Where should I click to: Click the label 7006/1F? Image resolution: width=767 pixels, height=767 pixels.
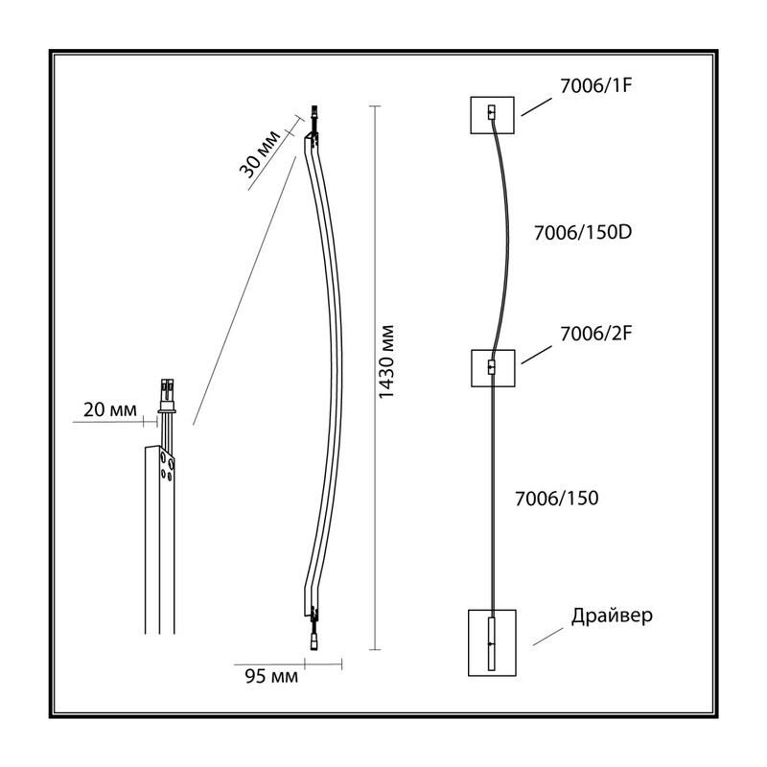click(x=595, y=86)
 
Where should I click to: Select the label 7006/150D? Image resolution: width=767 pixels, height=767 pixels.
click(x=583, y=232)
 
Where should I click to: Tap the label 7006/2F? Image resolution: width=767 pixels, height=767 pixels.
click(x=595, y=334)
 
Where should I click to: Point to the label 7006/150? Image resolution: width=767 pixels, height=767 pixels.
click(x=557, y=498)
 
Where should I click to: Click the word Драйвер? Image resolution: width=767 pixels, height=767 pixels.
click(x=612, y=615)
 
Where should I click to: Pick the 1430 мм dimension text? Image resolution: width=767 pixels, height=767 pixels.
click(x=386, y=361)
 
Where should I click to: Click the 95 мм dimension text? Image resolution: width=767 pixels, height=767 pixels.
click(x=271, y=677)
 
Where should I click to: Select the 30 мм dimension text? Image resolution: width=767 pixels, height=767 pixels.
click(x=260, y=154)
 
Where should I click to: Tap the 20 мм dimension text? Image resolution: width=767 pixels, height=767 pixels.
click(x=110, y=409)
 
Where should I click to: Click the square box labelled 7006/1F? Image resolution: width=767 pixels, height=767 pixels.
click(x=492, y=115)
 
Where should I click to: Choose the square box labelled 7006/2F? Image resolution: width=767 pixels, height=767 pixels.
click(x=493, y=368)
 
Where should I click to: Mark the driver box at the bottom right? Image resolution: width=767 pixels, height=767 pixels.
click(x=492, y=642)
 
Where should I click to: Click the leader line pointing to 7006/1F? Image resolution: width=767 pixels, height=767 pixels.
click(x=537, y=106)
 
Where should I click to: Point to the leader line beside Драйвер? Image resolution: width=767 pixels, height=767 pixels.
click(x=547, y=637)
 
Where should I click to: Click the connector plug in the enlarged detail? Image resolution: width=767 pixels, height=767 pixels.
click(x=167, y=395)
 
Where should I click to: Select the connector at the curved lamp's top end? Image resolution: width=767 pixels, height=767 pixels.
click(x=314, y=117)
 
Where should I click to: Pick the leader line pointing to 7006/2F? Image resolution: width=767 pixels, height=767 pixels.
click(x=537, y=355)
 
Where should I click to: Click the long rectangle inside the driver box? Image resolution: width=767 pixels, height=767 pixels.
click(x=492, y=643)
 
